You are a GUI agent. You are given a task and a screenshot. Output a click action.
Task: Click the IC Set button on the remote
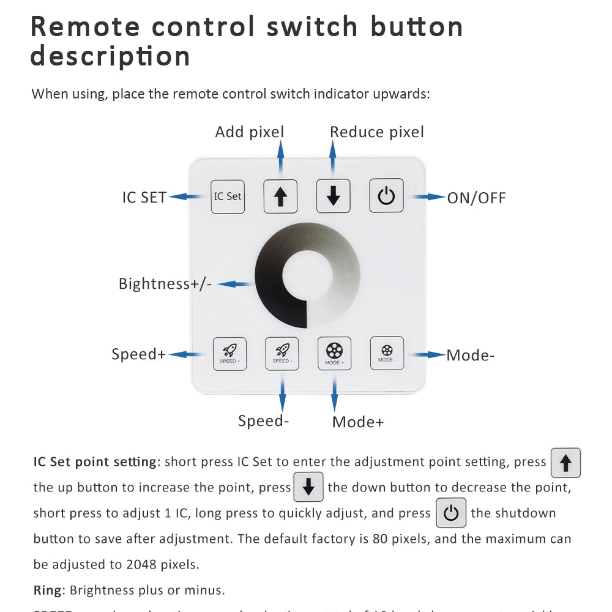click(x=228, y=196)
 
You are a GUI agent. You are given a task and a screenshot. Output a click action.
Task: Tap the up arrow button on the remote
click(x=280, y=196)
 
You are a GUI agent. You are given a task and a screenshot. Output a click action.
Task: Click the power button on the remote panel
click(x=386, y=196)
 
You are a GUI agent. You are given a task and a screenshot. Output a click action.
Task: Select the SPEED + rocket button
click(x=229, y=354)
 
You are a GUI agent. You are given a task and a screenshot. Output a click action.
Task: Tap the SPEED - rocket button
click(x=282, y=354)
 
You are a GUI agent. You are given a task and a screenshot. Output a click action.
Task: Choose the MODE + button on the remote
click(x=334, y=354)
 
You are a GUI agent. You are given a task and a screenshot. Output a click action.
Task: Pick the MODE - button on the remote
click(x=387, y=353)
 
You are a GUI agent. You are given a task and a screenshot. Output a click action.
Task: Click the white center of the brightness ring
click(x=306, y=275)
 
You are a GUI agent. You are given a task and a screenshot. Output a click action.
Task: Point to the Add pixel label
click(x=250, y=132)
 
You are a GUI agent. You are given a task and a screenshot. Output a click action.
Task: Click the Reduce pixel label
click(x=376, y=132)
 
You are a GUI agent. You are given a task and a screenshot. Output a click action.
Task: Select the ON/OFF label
click(x=476, y=198)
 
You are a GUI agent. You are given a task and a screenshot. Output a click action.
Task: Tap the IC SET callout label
click(x=144, y=198)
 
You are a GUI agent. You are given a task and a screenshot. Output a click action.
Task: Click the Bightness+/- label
click(x=165, y=284)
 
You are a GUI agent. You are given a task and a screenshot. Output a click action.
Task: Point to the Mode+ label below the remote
click(x=357, y=422)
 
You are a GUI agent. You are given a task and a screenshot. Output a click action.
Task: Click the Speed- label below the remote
click(x=263, y=421)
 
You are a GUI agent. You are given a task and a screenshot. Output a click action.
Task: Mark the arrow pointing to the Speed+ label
click(x=187, y=354)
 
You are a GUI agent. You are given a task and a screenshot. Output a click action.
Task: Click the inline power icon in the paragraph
click(x=451, y=513)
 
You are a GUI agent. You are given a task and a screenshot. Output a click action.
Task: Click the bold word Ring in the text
click(x=47, y=590)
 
